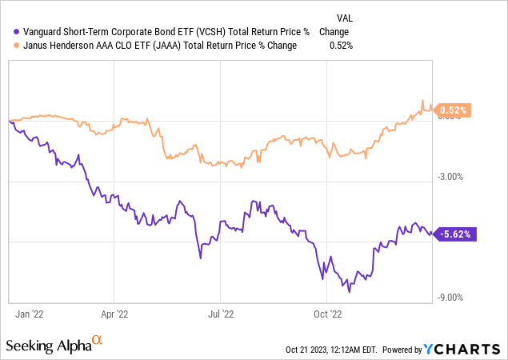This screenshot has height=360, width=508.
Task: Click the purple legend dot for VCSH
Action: click(x=7, y=32)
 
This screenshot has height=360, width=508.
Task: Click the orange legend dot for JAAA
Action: click(x=7, y=46)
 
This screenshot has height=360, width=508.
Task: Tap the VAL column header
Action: click(x=343, y=18)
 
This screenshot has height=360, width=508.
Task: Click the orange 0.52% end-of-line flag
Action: click(x=454, y=110)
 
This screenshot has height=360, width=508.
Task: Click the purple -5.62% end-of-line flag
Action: click(x=456, y=234)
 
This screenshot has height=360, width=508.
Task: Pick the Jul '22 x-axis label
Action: click(x=222, y=314)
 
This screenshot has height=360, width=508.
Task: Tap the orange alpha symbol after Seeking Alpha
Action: click(x=98, y=341)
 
